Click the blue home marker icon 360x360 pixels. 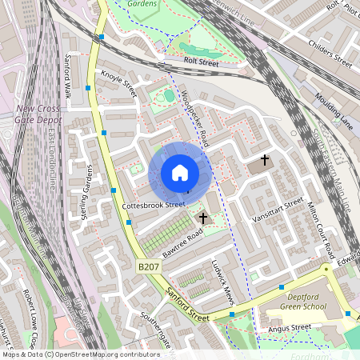coord(179,173)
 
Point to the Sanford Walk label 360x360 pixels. coord(69,76)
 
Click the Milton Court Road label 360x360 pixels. coord(320,228)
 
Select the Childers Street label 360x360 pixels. coord(330,51)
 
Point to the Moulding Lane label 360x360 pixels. coord(334,109)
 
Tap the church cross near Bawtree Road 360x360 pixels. coord(203,218)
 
